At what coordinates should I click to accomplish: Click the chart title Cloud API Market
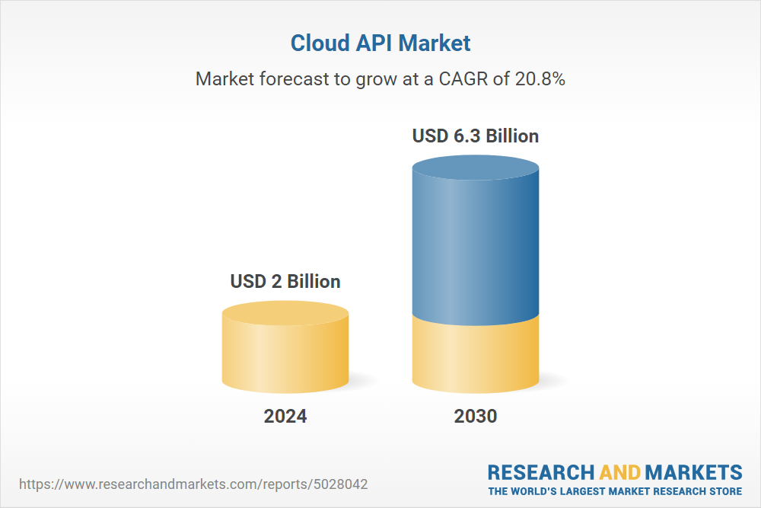(x=380, y=43)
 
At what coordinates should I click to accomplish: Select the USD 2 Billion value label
(x=285, y=281)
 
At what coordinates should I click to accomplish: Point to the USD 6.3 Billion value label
(x=476, y=136)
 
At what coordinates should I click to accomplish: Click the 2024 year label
(x=285, y=416)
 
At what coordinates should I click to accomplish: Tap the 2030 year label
(x=476, y=416)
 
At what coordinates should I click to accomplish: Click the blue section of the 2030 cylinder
(x=476, y=244)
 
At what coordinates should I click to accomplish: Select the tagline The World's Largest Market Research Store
(x=615, y=490)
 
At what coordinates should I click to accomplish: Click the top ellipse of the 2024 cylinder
(x=285, y=313)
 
